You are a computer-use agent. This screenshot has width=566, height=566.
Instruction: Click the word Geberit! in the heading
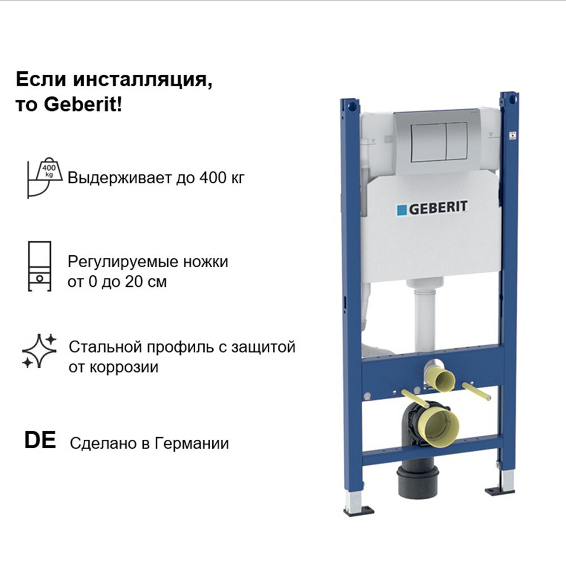click(x=83, y=105)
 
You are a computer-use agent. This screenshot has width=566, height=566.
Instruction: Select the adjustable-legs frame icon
click(x=40, y=266)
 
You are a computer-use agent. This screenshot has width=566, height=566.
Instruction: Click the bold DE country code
click(x=40, y=440)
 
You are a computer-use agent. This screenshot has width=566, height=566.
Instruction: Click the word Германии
click(x=192, y=443)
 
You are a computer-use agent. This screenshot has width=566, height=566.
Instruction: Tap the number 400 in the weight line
click(x=212, y=178)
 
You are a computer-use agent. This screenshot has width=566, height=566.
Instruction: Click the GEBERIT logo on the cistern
click(x=432, y=208)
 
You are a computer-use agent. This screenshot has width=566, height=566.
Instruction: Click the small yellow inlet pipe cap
click(x=443, y=380)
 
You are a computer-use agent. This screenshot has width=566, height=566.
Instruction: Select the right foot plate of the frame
click(x=500, y=491)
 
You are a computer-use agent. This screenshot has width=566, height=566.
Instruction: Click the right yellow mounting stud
click(x=477, y=391)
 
